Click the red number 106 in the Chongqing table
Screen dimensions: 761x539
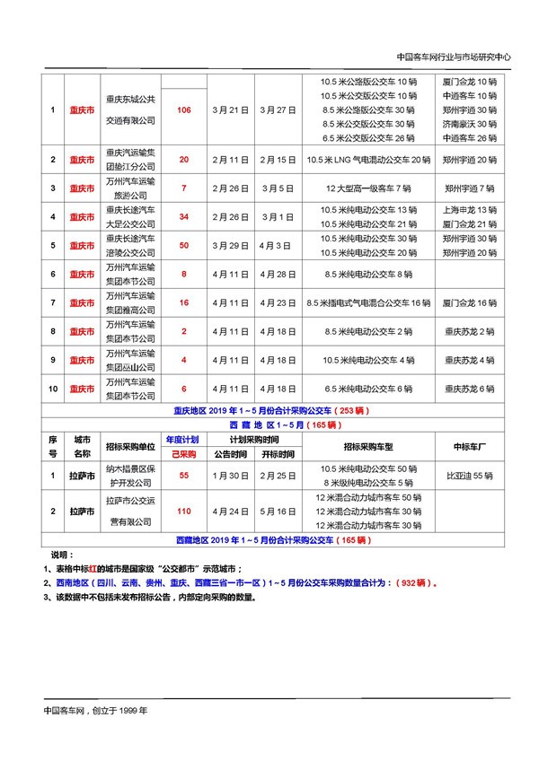coord(184,109)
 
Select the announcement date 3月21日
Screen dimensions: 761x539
coord(230,109)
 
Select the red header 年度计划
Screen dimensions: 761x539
coord(184,440)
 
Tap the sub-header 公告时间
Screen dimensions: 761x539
coord(230,454)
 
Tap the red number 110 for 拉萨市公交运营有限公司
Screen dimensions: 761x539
coord(184,512)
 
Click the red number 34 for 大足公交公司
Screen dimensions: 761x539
coord(184,217)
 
